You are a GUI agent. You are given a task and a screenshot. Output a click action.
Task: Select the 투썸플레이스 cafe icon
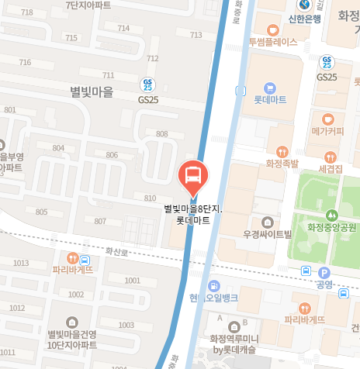(x=273, y=29)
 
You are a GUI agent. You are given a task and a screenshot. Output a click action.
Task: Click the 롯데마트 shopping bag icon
(x=270, y=88)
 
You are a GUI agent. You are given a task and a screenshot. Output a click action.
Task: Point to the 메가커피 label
(x=327, y=131)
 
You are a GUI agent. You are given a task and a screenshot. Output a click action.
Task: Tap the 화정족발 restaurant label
(x=282, y=164)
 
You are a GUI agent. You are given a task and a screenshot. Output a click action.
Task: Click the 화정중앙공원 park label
(x=331, y=227)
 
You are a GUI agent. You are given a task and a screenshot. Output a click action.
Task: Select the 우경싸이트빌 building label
(x=266, y=233)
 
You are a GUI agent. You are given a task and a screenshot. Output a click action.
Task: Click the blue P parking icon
(x=324, y=272)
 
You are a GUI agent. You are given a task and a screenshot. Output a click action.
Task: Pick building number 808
(x=161, y=134)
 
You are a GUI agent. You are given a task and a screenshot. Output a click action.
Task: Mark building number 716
(x=25, y=63)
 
